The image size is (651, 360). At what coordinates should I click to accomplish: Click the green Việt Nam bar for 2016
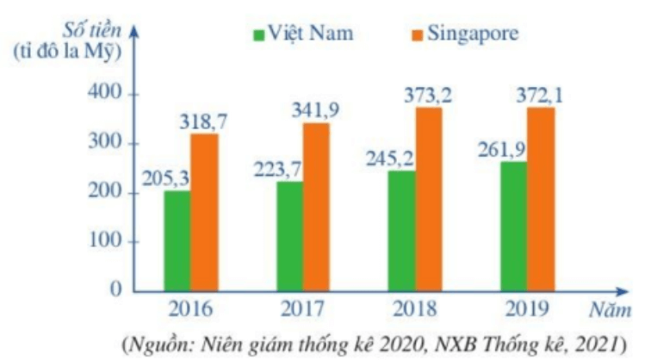pyautogui.click(x=177, y=240)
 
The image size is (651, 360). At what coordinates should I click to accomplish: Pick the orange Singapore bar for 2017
pyautogui.click(x=316, y=207)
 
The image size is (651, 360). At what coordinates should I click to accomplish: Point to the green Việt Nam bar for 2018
pyautogui.click(x=401, y=231)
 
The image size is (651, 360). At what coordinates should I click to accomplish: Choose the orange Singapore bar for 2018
pyautogui.click(x=429, y=199)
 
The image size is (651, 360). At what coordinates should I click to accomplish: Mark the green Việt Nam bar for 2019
pyautogui.click(x=513, y=227)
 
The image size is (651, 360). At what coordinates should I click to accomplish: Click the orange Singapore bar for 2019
pyautogui.click(x=541, y=199)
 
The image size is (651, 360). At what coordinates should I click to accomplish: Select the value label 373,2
pyautogui.click(x=427, y=94)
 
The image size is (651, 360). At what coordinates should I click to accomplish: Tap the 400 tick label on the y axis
pyautogui.click(x=103, y=94)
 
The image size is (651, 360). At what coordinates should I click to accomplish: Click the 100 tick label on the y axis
pyautogui.click(x=103, y=241)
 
